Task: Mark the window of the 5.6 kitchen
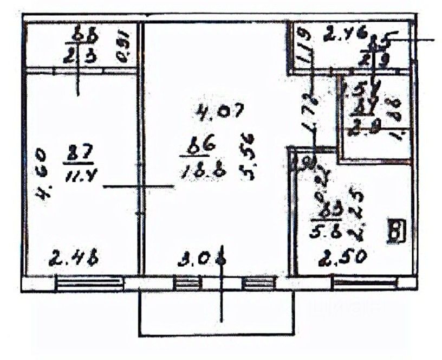pos(364,283)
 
